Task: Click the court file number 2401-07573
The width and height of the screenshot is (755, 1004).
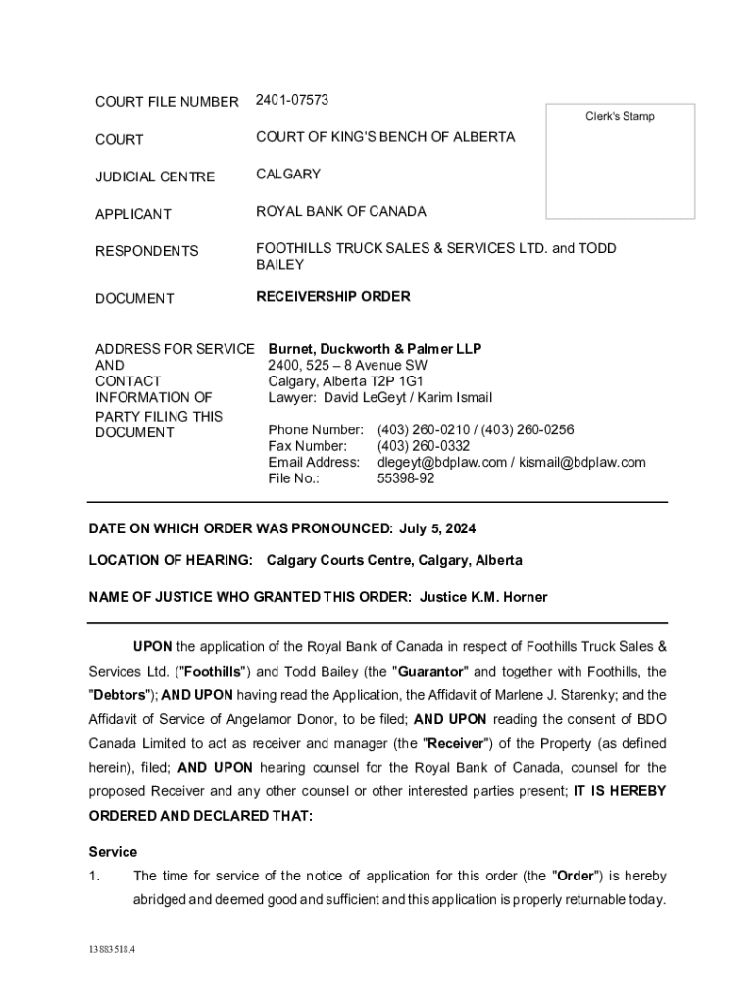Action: click(x=291, y=100)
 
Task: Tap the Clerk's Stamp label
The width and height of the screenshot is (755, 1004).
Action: click(x=620, y=116)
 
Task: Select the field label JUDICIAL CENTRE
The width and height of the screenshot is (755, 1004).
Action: click(x=154, y=176)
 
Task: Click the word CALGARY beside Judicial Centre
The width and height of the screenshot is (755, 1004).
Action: click(x=288, y=174)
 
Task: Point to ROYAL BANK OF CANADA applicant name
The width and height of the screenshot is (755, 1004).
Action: click(x=340, y=211)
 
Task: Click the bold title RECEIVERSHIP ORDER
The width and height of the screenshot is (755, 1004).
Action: click(x=332, y=296)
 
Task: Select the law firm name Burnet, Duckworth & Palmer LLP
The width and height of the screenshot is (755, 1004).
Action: click(x=375, y=348)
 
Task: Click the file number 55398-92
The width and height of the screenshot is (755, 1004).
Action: click(x=406, y=478)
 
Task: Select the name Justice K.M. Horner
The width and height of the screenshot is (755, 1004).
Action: click(x=483, y=596)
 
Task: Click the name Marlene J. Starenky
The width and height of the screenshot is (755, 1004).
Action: click(x=572, y=695)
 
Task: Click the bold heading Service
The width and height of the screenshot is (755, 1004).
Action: click(x=113, y=851)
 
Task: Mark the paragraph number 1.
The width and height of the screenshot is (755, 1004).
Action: click(x=94, y=876)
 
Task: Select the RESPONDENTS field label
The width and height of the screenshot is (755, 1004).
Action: click(x=146, y=251)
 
